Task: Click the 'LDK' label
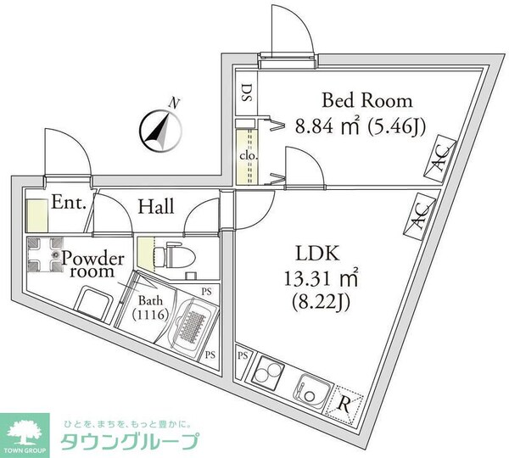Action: point(316,253)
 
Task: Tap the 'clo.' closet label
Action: point(248,157)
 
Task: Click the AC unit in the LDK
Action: point(420,216)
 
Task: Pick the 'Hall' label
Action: point(157,206)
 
